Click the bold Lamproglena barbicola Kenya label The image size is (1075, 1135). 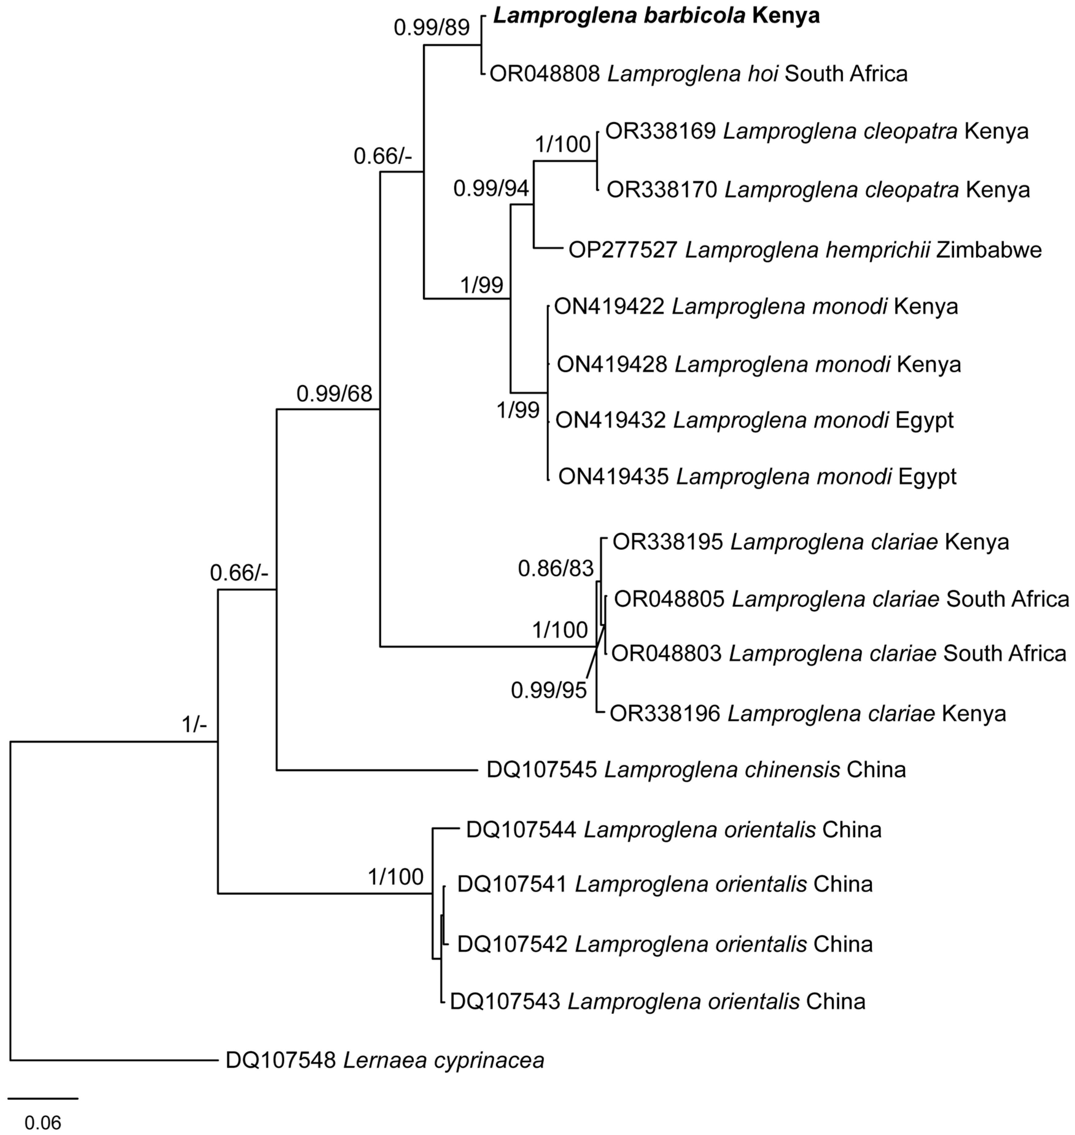click(656, 16)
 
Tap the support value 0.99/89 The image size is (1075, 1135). click(432, 28)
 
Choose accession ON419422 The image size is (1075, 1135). click(609, 307)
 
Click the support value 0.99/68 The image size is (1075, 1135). click(334, 394)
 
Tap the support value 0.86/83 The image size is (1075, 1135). click(555, 569)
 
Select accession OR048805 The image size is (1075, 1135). click(669, 599)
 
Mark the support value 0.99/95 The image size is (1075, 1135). click(548, 691)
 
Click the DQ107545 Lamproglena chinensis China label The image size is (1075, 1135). click(696, 769)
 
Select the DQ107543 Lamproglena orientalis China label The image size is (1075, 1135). click(657, 1001)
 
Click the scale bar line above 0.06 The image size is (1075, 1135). click(43, 1098)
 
